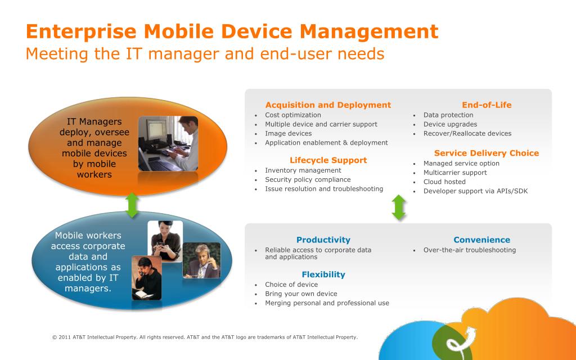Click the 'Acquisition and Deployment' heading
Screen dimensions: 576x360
328,105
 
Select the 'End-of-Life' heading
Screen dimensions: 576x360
487,105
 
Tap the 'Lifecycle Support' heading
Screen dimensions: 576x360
328,160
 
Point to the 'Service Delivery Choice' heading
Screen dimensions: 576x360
487,153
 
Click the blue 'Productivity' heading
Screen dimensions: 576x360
323,240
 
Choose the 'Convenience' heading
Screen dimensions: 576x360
481,240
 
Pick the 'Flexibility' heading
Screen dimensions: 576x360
323,274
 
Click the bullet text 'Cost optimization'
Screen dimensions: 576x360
292,115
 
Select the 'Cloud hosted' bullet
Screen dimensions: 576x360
444,182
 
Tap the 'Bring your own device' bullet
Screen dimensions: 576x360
301,294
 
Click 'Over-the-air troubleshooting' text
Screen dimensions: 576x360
470,250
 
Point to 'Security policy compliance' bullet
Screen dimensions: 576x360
308,179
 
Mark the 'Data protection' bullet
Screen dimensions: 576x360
448,115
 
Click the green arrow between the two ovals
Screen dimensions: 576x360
132,205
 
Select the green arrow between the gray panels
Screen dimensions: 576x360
399,208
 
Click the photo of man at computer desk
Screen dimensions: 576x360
168,143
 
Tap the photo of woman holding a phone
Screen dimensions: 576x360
165,241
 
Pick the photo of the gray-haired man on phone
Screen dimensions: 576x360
202,260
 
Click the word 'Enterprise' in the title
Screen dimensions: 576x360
81,31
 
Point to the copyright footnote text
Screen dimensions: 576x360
205,337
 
